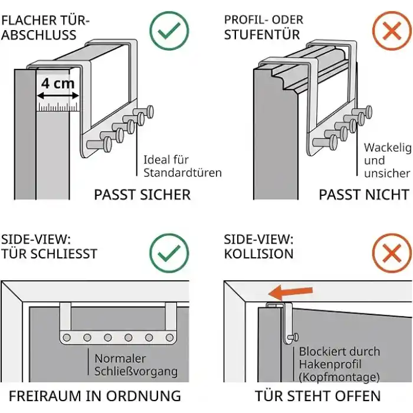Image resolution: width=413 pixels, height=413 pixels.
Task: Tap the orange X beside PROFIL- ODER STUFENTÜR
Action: coord(392,31)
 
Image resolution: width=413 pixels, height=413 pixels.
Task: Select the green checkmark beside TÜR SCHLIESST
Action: coord(169,253)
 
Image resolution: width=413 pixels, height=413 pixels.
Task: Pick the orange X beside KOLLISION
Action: coord(392,253)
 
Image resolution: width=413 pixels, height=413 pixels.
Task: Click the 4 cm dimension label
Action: coord(58,84)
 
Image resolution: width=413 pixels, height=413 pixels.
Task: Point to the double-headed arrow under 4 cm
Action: coord(58,96)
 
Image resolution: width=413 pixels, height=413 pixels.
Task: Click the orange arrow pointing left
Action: coord(290,293)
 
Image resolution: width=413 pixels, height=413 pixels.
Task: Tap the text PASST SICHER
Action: coord(142,195)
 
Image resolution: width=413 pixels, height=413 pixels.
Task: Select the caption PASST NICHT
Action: coord(364,195)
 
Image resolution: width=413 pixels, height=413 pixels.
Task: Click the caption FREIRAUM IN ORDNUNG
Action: coord(95,396)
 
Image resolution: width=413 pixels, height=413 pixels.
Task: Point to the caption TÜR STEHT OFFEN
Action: coord(317,396)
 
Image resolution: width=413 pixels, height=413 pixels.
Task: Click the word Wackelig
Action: coord(388,148)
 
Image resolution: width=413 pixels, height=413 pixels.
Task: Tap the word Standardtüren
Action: coord(182,173)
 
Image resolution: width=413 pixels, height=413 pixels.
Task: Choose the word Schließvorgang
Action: coord(136,372)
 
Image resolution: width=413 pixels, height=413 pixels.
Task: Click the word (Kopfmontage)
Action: coord(339,377)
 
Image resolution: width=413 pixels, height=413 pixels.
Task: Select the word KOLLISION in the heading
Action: coord(258,254)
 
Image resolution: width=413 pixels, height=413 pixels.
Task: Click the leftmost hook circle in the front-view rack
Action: coord(67,337)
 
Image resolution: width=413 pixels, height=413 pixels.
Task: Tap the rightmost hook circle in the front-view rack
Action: coord(170,337)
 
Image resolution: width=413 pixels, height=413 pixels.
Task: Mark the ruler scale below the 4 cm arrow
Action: coord(58,107)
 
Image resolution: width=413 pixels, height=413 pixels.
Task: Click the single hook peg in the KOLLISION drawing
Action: coord(293,337)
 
